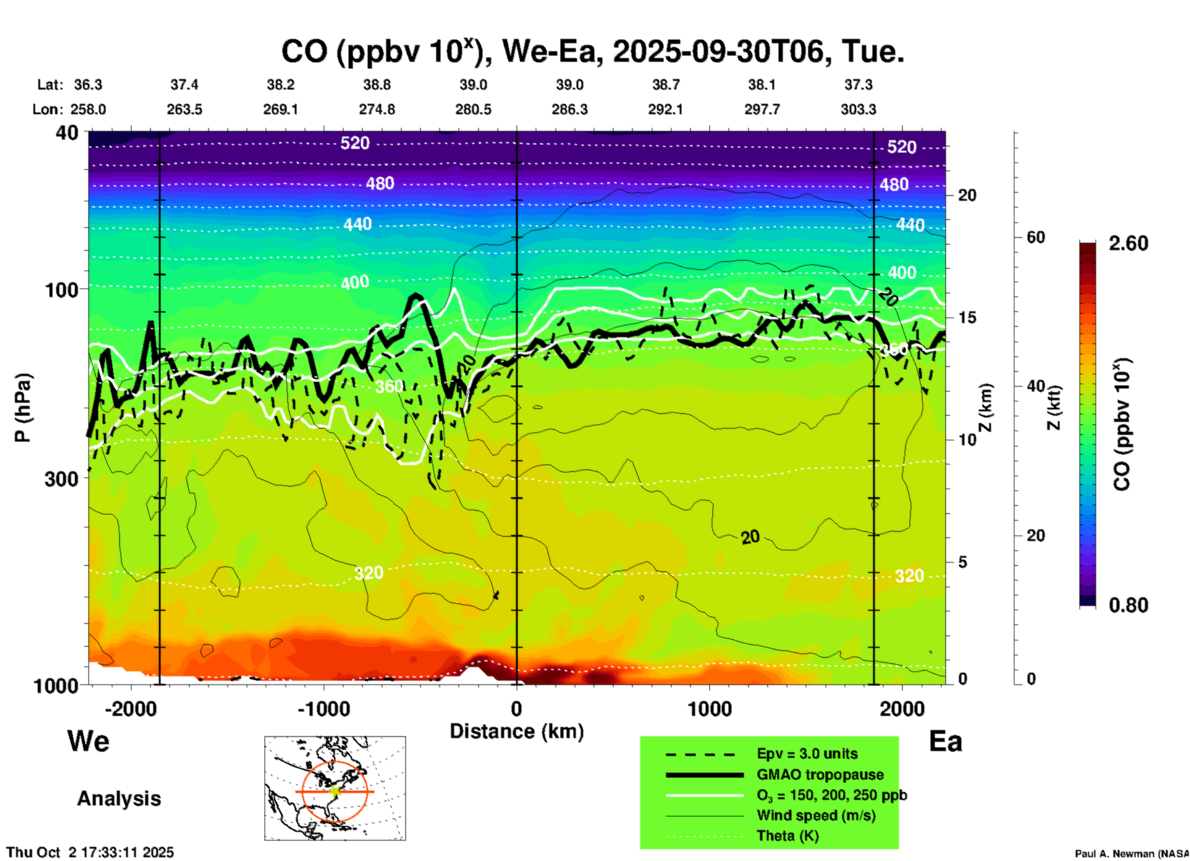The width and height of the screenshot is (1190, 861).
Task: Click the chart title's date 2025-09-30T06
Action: (x=718, y=51)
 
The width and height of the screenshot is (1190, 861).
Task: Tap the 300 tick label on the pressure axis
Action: (x=61, y=479)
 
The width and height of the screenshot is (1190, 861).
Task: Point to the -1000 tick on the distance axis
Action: (x=323, y=709)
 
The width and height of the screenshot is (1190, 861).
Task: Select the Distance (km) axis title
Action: (x=517, y=731)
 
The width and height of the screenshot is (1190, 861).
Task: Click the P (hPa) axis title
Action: (x=22, y=408)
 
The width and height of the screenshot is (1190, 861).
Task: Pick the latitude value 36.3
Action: (x=88, y=85)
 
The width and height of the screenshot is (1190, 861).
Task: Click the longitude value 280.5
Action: (x=473, y=109)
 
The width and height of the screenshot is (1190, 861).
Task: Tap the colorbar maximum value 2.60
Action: (x=1128, y=243)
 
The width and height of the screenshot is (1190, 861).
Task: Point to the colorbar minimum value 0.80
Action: (x=1128, y=605)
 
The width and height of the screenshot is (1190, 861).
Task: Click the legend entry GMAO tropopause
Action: (x=820, y=775)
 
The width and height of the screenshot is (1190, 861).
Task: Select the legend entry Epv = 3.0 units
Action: (x=806, y=754)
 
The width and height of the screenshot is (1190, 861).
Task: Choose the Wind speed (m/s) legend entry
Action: (x=816, y=815)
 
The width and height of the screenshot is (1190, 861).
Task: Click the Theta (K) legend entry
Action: (x=787, y=836)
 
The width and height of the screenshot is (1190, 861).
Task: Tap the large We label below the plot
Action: (x=88, y=741)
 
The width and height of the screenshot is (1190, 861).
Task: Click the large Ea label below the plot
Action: (x=945, y=741)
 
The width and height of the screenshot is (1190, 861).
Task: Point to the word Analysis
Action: (x=119, y=799)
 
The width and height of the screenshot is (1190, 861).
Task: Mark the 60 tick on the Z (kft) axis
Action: (x=1036, y=237)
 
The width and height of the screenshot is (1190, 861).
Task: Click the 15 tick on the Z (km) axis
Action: (x=967, y=317)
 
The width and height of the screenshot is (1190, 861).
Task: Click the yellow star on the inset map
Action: (x=335, y=791)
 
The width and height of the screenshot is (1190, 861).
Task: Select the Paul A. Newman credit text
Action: (x=1131, y=854)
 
